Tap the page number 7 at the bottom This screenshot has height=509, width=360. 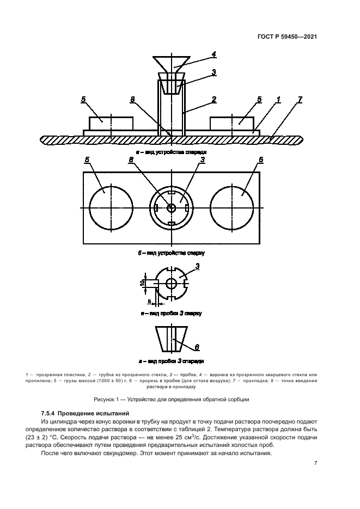(x=316, y=463)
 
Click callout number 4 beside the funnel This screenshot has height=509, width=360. (x=214, y=54)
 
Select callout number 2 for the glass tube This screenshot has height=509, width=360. (x=214, y=100)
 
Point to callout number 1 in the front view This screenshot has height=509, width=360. (x=278, y=100)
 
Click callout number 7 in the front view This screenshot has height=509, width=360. (x=300, y=100)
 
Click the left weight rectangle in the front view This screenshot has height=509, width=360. (x=111, y=122)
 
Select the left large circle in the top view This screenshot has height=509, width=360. (x=111, y=208)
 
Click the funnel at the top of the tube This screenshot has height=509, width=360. (x=172, y=64)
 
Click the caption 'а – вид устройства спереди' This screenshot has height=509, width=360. (x=172, y=152)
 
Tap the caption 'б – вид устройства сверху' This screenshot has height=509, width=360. (x=172, y=253)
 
